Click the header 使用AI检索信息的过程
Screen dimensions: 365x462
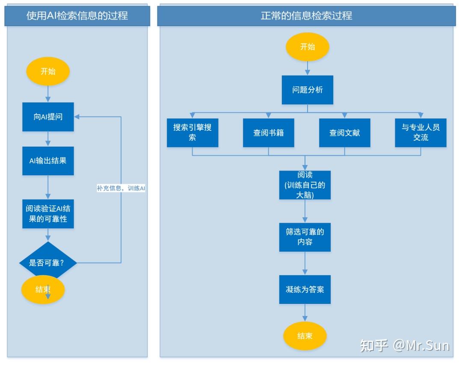click(x=77, y=16)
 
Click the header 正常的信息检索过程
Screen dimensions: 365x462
click(x=306, y=16)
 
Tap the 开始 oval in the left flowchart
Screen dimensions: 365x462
click(x=48, y=71)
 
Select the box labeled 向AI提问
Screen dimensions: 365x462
click(x=48, y=117)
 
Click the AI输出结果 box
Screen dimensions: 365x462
click(x=48, y=161)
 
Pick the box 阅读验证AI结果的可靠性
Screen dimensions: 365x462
click(x=48, y=214)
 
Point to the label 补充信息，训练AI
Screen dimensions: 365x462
click(x=121, y=188)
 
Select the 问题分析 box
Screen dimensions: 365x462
click(x=307, y=90)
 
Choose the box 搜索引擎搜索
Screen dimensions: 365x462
click(x=192, y=133)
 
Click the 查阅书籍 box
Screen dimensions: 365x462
click(x=268, y=133)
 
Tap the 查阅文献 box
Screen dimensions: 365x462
click(x=344, y=133)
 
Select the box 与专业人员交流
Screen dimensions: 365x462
click(x=421, y=133)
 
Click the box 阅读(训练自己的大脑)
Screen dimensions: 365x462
click(x=305, y=185)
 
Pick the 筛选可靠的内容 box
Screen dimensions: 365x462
click(x=305, y=237)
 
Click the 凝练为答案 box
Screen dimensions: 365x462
click(x=305, y=289)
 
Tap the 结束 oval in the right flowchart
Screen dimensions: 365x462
click(x=305, y=336)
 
